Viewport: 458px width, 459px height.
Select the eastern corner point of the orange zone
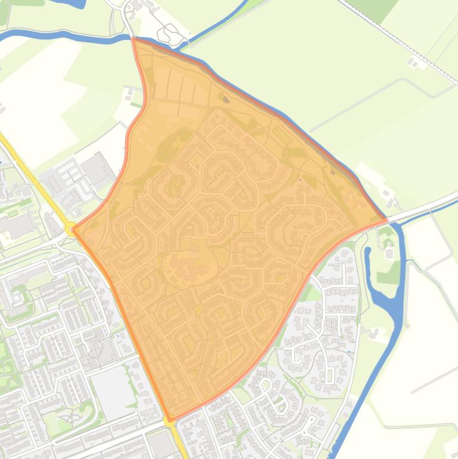387,220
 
